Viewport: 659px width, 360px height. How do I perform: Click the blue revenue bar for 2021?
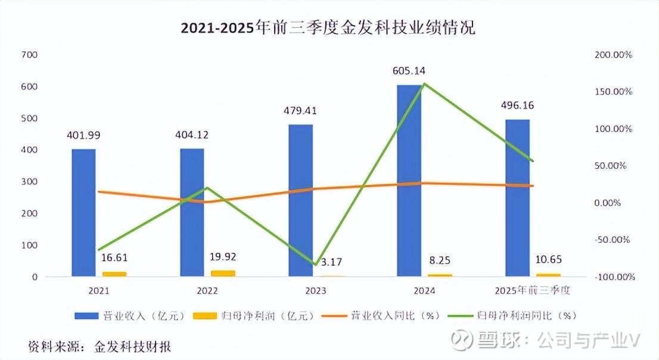84,212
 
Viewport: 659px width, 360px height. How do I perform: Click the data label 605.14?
409,72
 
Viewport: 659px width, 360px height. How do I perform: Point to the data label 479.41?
300,110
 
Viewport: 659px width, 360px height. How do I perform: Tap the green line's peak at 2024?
423,84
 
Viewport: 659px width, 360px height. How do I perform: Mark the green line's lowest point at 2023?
315,265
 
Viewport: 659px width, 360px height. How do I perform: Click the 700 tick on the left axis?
29,55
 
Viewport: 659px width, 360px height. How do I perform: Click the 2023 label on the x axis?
314,291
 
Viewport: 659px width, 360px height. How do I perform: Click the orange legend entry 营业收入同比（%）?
382,315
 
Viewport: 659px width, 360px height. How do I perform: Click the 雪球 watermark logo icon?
461,340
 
